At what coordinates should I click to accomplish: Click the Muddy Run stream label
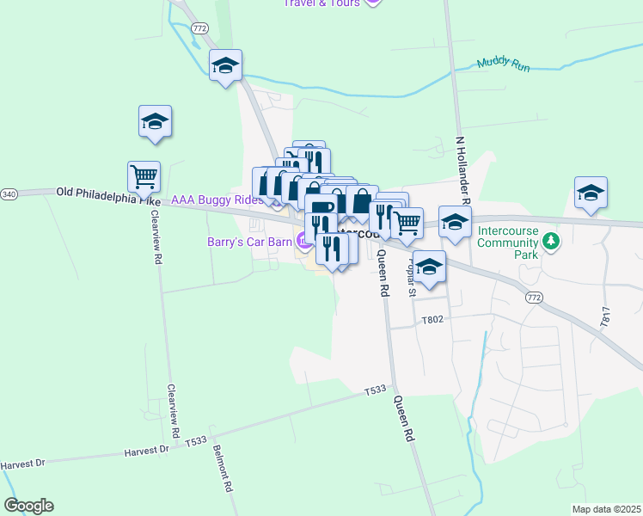pyautogui.click(x=504, y=63)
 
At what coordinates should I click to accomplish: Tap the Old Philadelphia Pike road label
pyautogui.click(x=107, y=194)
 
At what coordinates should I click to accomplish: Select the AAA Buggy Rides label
pyautogui.click(x=217, y=200)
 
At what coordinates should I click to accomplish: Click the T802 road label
pyautogui.click(x=432, y=320)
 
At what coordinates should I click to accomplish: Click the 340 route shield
pyautogui.click(x=9, y=194)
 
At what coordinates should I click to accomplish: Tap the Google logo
pyautogui.click(x=28, y=506)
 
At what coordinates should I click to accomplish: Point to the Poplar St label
pyautogui.click(x=413, y=278)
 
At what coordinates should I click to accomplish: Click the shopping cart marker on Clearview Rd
pyautogui.click(x=144, y=176)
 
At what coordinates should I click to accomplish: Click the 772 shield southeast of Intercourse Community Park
pyautogui.click(x=535, y=297)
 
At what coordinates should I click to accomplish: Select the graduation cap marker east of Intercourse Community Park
pyautogui.click(x=591, y=193)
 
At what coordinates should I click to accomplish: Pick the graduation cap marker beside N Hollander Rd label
pyautogui.click(x=455, y=222)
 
